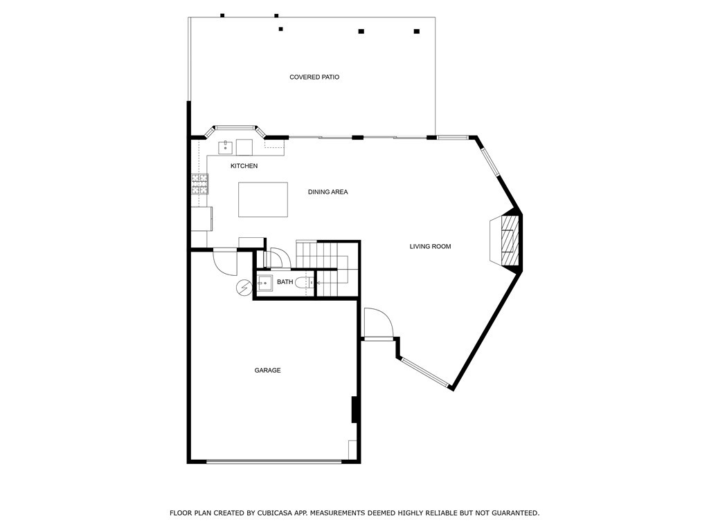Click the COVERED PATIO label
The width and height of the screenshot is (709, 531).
point(314,77)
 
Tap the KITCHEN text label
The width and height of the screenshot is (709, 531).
point(244,166)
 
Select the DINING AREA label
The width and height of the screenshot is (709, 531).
point(327,192)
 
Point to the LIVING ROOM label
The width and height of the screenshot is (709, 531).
point(430,246)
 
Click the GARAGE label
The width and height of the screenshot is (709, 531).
point(267,371)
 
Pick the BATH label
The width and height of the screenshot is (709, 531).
point(285,282)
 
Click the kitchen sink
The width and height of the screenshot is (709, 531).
point(225,147)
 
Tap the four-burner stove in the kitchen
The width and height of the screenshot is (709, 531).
point(199,183)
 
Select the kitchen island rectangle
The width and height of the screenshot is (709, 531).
point(263,199)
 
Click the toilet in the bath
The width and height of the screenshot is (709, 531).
point(303,282)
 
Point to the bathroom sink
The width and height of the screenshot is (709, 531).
point(265,282)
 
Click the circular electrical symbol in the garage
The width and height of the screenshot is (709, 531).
point(244,288)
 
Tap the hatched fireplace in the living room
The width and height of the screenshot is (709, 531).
point(510,239)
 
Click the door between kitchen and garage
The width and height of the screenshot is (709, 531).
point(225,261)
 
